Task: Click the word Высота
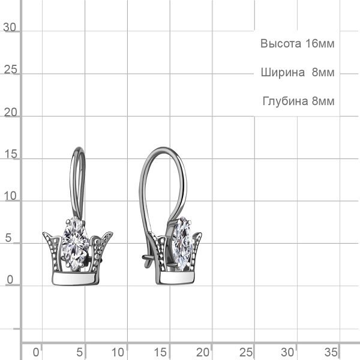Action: click(x=281, y=43)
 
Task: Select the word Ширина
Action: click(x=283, y=73)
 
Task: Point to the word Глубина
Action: click(x=285, y=101)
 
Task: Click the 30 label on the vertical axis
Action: click(x=10, y=28)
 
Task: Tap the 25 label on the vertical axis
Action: click(x=11, y=70)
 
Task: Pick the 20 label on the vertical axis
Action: click(x=11, y=112)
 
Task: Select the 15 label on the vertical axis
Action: click(x=11, y=154)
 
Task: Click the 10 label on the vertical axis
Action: click(x=11, y=196)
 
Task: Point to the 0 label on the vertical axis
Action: click(x=10, y=280)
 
